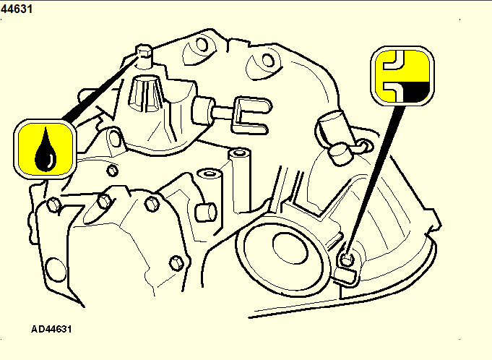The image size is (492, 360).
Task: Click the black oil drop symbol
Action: [46, 151]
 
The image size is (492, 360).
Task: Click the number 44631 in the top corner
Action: [17, 9]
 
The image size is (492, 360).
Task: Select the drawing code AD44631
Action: [51, 329]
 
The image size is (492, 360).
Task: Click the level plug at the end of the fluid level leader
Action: [347, 260]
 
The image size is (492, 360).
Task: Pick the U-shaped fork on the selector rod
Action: [251, 116]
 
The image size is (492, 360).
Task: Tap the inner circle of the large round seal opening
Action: [290, 248]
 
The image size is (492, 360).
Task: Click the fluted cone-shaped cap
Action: [146, 93]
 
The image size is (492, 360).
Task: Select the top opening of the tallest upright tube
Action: [240, 153]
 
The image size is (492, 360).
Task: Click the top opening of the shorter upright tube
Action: [209, 173]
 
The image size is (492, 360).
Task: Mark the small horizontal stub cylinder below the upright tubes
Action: [206, 212]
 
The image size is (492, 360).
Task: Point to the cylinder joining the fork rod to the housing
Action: [203, 110]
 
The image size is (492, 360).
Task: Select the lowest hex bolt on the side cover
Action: [176, 263]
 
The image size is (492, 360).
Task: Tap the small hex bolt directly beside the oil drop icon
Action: [112, 171]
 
